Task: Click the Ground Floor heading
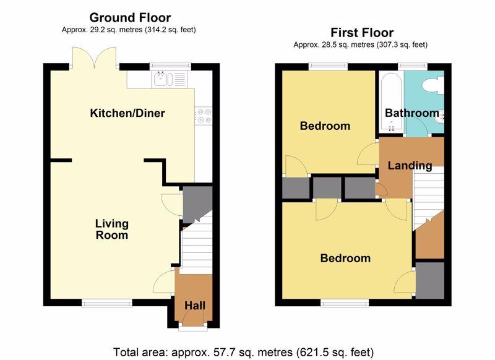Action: pyautogui.click(x=130, y=18)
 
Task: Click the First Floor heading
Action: pyautogui.click(x=362, y=33)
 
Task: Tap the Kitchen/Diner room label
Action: pyautogui.click(x=127, y=113)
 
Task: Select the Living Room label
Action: pyautogui.click(x=112, y=229)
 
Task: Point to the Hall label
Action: pyautogui.click(x=195, y=306)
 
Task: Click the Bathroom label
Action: pyautogui.click(x=412, y=113)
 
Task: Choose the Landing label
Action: pyautogui.click(x=410, y=166)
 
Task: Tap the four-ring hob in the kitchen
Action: pyautogui.click(x=204, y=116)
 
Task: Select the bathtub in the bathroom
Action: pyautogui.click(x=392, y=102)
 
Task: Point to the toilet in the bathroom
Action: pyautogui.click(x=433, y=85)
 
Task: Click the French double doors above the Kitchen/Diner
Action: pyautogui.click(x=94, y=58)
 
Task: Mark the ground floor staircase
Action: pyautogui.click(x=196, y=244)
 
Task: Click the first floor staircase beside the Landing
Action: pyautogui.click(x=428, y=197)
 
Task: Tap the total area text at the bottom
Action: pyautogui.click(x=243, y=352)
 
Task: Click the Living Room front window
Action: pyautogui.click(x=107, y=303)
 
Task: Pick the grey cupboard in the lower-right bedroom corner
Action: pyautogui.click(x=430, y=280)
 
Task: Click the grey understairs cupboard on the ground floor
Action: pyautogui.click(x=196, y=203)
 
